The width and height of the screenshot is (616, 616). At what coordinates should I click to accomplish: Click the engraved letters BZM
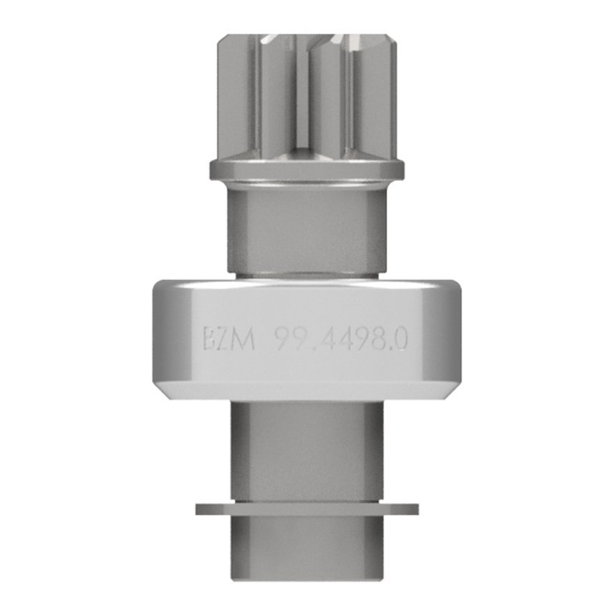229,339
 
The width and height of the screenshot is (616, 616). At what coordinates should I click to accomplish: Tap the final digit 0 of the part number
400,339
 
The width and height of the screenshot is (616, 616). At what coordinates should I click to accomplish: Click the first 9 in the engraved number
281,339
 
